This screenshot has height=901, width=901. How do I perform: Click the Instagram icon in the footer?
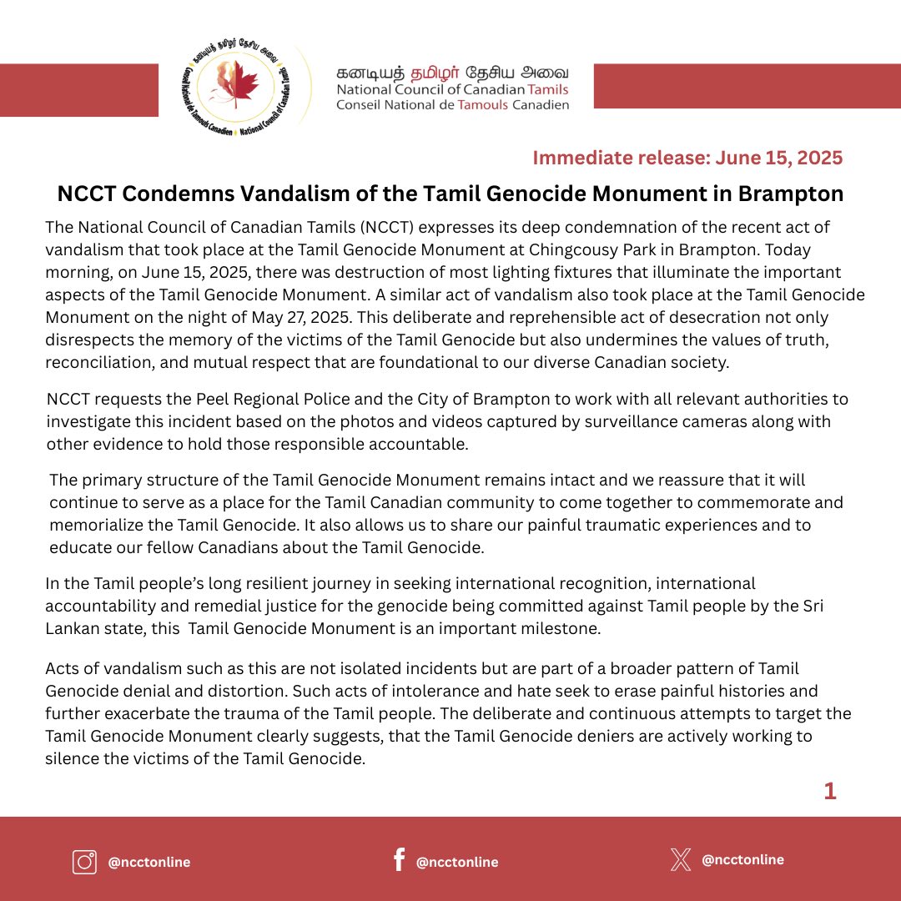(84, 861)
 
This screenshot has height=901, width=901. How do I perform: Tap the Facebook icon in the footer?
(399, 859)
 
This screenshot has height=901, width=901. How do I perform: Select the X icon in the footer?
(681, 860)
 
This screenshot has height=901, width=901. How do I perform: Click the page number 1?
(829, 791)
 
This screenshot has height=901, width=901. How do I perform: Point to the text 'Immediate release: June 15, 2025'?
(687, 158)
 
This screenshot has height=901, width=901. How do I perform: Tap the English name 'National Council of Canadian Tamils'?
(452, 89)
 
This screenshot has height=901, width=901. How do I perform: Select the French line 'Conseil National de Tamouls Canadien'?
(452, 105)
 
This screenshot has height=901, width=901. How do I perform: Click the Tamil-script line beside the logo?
(452, 73)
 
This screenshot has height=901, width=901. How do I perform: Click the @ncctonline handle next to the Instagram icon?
(149, 862)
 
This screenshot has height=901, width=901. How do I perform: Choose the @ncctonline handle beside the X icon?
(742, 859)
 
